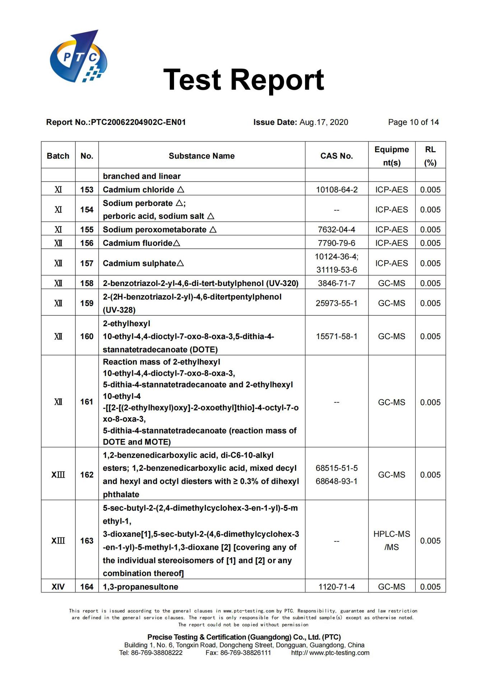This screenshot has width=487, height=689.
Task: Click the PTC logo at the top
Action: click(78, 57)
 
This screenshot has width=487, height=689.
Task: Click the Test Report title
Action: click(243, 80)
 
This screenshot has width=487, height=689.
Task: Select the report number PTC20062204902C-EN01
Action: click(138, 122)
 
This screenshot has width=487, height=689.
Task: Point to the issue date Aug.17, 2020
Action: click(324, 122)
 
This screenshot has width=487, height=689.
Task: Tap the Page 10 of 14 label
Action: click(413, 122)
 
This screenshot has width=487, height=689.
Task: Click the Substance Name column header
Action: click(202, 156)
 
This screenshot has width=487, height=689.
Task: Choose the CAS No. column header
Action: click(336, 156)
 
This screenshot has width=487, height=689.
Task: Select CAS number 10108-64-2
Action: click(336, 190)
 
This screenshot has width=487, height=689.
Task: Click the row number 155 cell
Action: click(87, 230)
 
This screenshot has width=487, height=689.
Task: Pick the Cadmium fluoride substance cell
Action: click(141, 243)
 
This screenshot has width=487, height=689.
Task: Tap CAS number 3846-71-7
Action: click(336, 283)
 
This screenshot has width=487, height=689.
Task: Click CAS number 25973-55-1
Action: click(336, 304)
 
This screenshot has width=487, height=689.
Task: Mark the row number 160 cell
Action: click(87, 337)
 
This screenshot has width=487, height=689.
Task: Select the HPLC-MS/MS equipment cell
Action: click(392, 541)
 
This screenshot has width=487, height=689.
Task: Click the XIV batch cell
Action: click(58, 587)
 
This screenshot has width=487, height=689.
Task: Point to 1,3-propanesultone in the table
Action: click(140, 587)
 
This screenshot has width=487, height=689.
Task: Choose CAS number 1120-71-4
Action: click(336, 587)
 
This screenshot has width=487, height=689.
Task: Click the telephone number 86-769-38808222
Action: click(156, 653)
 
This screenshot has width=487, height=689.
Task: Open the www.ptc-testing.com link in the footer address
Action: click(339, 653)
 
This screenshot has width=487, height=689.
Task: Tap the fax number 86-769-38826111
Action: click(245, 653)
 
